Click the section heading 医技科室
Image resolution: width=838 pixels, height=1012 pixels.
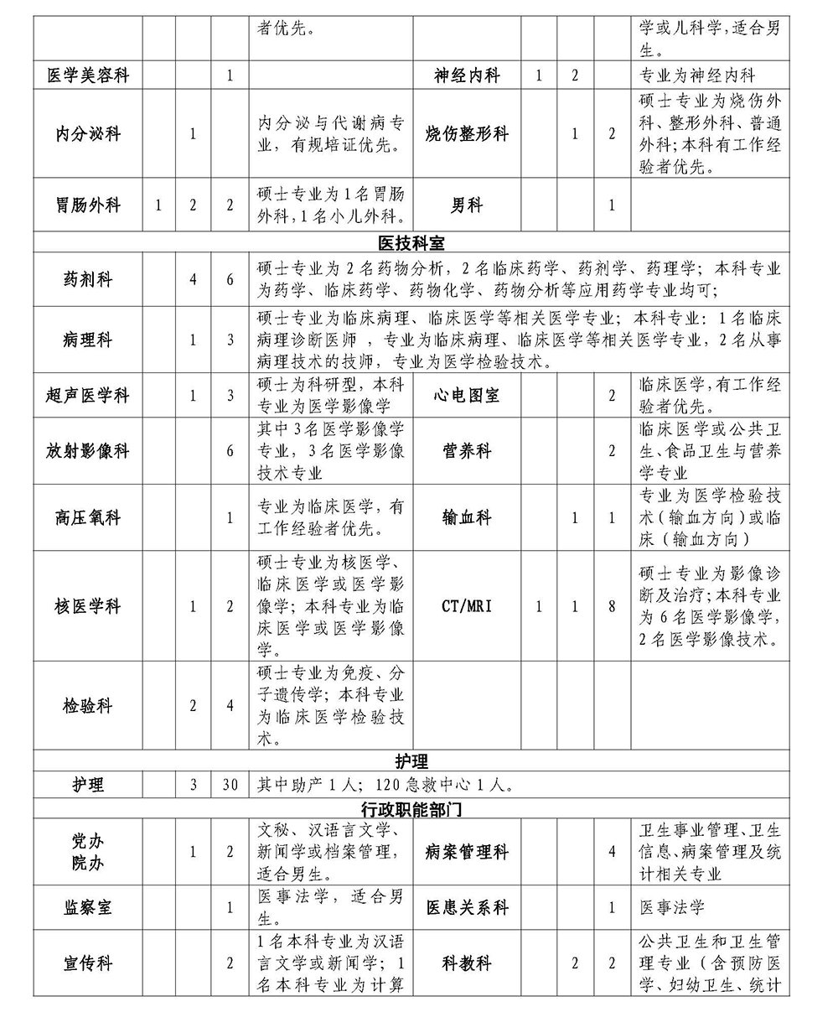click(x=411, y=244)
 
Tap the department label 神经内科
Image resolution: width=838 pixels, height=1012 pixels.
click(x=467, y=75)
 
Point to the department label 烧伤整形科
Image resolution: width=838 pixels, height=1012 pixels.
click(x=467, y=133)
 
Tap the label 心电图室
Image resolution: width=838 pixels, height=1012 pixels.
click(x=467, y=396)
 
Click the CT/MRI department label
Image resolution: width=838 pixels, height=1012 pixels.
click(x=467, y=605)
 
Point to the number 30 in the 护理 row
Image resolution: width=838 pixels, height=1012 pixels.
click(x=230, y=786)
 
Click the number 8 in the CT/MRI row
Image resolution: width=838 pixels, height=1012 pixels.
click(x=612, y=605)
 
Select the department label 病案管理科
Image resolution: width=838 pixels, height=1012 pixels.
click(x=467, y=852)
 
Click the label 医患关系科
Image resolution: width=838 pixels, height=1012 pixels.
click(x=467, y=907)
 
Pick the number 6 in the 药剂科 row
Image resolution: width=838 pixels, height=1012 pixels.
click(x=230, y=279)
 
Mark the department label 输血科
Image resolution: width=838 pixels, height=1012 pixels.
click(x=467, y=517)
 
